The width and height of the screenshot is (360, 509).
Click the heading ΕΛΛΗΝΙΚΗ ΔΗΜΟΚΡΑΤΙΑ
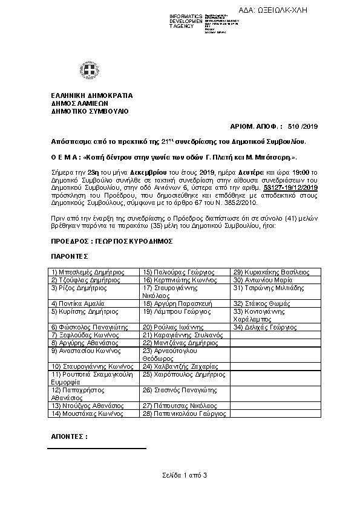point(91,96)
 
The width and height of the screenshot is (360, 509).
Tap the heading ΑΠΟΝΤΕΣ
point(70,436)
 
